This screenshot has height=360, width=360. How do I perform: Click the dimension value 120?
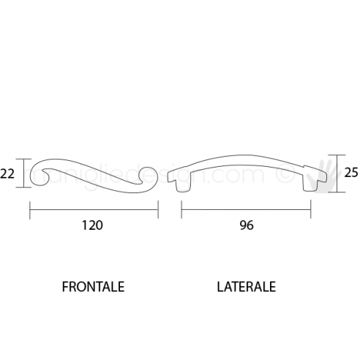tap(94, 226)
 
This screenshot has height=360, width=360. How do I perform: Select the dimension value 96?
tap(246, 226)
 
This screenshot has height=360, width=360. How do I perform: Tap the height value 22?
tap(7, 174)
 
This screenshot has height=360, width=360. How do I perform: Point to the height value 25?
tap(350, 173)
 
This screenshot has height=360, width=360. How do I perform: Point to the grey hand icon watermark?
tap(327, 174)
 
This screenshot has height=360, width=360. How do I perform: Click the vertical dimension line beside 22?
tap(26, 174)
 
